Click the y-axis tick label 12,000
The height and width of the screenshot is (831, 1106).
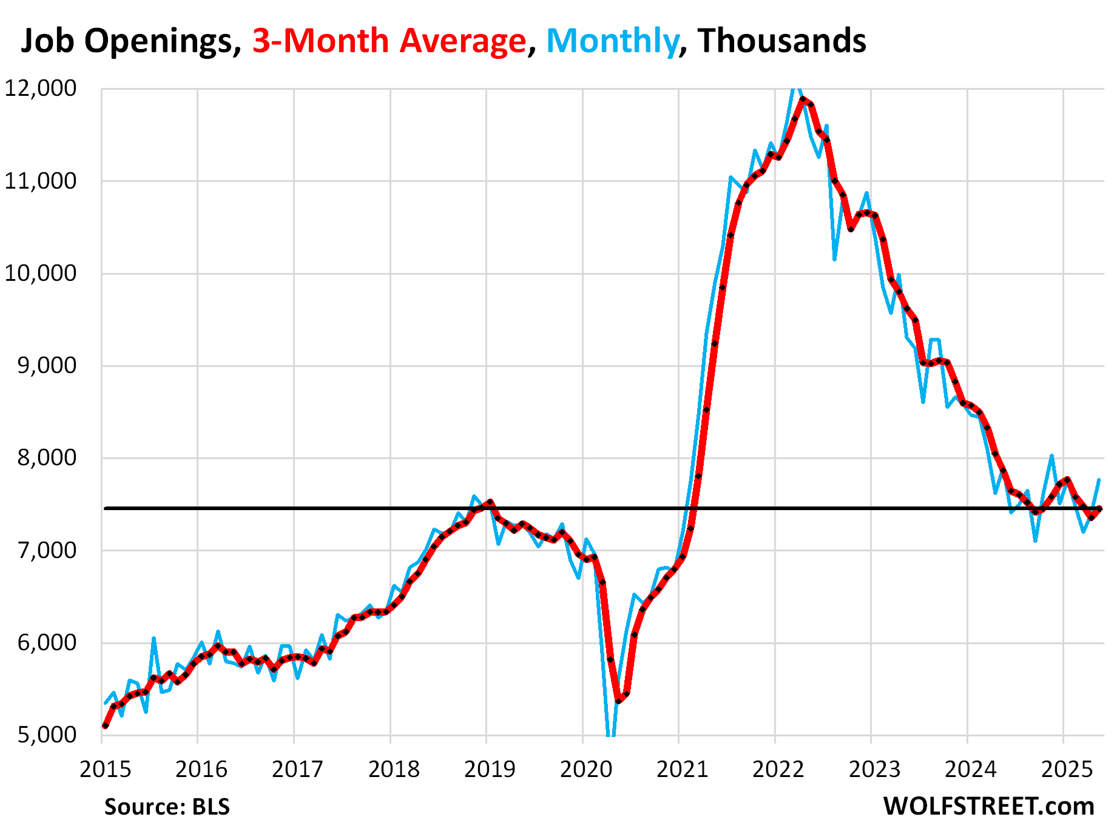41,89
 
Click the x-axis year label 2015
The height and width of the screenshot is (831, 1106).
105,769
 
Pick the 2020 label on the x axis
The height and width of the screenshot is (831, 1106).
585,769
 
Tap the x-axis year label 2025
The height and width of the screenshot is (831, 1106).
1067,769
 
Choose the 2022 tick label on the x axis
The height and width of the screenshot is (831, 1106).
778,769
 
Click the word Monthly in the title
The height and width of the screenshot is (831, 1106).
612,41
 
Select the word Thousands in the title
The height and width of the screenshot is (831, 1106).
781,41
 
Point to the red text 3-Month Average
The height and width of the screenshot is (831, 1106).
389,41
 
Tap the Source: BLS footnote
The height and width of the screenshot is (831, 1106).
167,807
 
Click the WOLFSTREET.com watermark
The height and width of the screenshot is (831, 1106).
988,807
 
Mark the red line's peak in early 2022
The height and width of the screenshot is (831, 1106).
803,99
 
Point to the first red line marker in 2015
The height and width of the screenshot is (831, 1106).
105,725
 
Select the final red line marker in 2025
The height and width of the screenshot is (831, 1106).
1099,509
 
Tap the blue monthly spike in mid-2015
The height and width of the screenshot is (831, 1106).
154,638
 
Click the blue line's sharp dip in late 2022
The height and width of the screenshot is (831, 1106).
835,260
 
